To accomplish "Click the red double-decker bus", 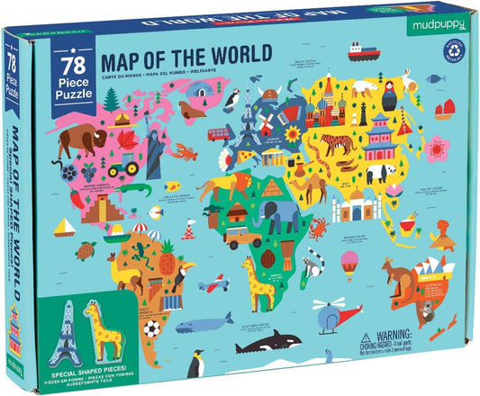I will coord(220,134).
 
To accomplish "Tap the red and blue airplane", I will coord(210,284).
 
